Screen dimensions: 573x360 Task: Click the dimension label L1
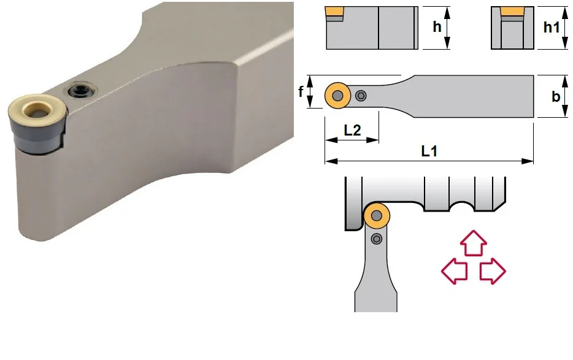point(429,151)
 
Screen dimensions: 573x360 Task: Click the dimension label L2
point(352,130)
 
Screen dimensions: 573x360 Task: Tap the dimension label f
point(301,91)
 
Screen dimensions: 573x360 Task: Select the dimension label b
point(555,96)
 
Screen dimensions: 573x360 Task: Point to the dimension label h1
point(552,27)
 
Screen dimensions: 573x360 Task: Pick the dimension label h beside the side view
point(437,26)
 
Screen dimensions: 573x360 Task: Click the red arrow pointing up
point(473,243)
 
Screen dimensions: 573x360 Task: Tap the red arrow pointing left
point(454,271)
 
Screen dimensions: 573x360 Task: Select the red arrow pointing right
point(493,271)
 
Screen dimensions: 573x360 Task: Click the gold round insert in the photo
point(37,113)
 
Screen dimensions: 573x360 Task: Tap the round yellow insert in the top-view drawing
point(337,96)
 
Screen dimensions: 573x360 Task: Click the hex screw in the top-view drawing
point(361,96)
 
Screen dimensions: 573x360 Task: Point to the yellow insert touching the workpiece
point(377,216)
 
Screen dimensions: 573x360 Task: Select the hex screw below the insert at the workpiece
point(377,239)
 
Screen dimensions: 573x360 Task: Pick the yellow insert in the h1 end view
point(512,12)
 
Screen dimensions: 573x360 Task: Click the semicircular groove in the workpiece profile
point(461,206)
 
